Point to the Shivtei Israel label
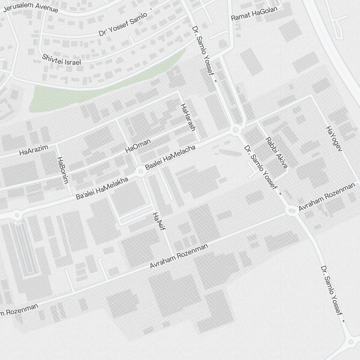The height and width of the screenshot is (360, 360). tap(62, 59)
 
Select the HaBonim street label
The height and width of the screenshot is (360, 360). tap(62, 170)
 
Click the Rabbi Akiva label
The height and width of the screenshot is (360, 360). tap(276, 152)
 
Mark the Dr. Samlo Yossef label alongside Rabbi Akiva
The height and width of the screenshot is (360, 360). tap(262, 171)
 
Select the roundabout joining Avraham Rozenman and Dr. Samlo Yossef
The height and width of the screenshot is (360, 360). tap(292, 211)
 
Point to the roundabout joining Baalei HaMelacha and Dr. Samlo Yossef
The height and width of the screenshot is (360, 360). tap(235, 130)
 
